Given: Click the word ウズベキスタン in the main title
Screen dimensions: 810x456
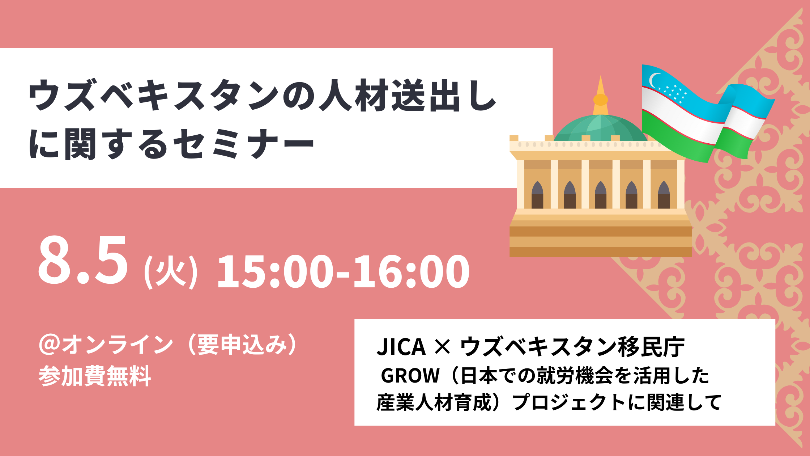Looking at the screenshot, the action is pyautogui.click(x=154, y=95).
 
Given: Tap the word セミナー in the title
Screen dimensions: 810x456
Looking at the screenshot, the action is pyautogui.click(x=243, y=144).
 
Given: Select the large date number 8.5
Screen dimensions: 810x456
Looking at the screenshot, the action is pyautogui.click(x=83, y=260).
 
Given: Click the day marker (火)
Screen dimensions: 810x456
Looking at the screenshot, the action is pyautogui.click(x=171, y=271).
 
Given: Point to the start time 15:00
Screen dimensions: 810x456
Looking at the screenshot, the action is pyautogui.click(x=275, y=271).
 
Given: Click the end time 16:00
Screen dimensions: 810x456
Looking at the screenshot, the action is pyautogui.click(x=412, y=271).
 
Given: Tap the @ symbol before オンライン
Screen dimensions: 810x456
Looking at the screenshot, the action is pyautogui.click(x=50, y=345).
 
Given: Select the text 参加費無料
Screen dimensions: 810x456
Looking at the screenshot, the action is pyautogui.click(x=95, y=376).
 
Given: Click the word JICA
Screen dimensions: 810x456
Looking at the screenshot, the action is pyautogui.click(x=401, y=347).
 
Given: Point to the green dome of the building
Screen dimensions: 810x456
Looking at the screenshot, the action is pyautogui.click(x=601, y=128).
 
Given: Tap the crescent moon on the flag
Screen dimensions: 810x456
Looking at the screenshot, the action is pyautogui.click(x=654, y=80).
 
